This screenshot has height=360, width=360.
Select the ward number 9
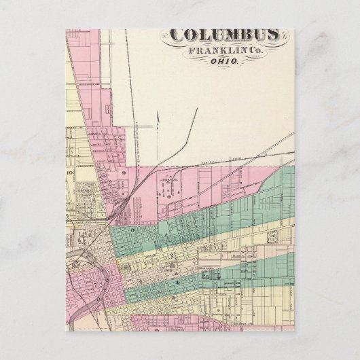click(124, 173)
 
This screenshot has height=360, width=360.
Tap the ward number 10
click(69, 174)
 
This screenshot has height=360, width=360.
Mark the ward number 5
click(177, 281)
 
